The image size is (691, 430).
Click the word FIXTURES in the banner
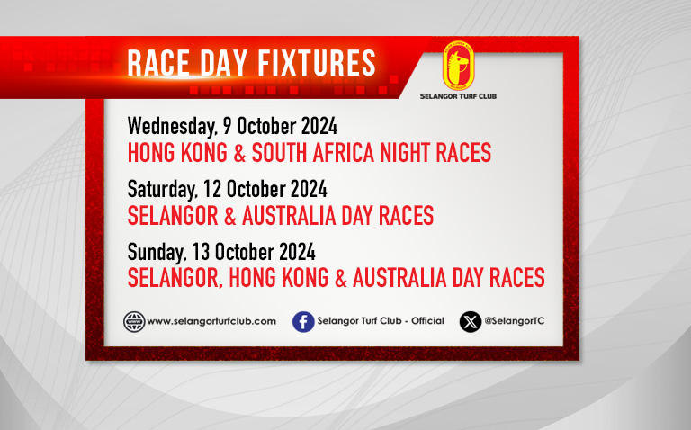(x=317, y=63)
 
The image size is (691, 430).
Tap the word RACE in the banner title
(x=158, y=63)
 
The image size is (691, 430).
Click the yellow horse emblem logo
(x=458, y=66)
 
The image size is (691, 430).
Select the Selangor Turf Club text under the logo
(x=458, y=96)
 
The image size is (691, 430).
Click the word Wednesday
(x=173, y=127)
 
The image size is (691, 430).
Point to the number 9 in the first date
(x=228, y=126)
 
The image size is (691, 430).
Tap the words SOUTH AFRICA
(x=313, y=152)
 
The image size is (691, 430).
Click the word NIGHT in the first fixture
(x=405, y=152)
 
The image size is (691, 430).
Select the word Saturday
(x=162, y=190)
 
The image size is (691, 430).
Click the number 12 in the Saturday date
(x=212, y=189)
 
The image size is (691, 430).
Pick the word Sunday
(x=157, y=253)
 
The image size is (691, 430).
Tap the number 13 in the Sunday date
(x=201, y=252)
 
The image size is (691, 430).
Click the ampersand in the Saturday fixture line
(x=230, y=215)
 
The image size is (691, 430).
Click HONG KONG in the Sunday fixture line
(x=279, y=278)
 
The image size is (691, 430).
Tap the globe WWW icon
(x=134, y=322)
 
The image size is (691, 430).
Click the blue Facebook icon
(x=303, y=322)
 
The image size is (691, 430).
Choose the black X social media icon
(x=471, y=322)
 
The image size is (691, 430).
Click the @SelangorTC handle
(x=515, y=321)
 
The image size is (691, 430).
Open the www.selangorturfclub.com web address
(x=211, y=321)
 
